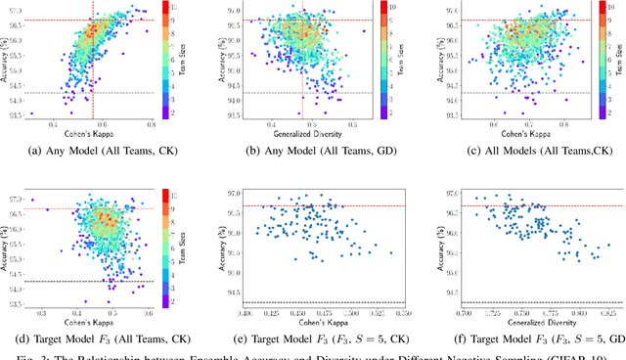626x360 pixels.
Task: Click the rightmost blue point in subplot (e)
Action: pyautogui.click(x=391, y=252)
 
